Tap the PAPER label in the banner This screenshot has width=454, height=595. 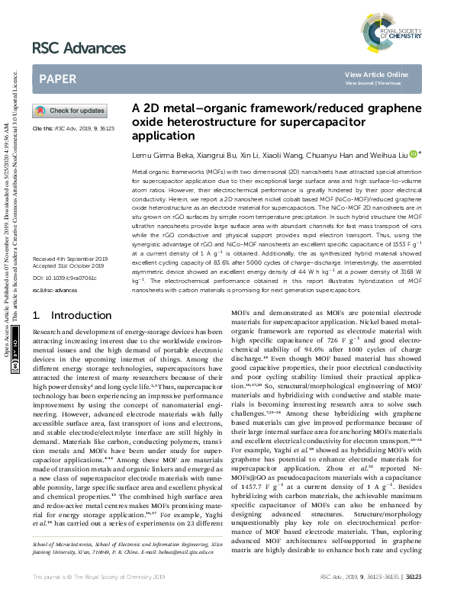57,79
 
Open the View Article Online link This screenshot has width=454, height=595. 376,74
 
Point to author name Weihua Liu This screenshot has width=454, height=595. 388,154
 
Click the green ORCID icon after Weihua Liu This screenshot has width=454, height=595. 413,154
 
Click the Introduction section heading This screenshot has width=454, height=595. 71,336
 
